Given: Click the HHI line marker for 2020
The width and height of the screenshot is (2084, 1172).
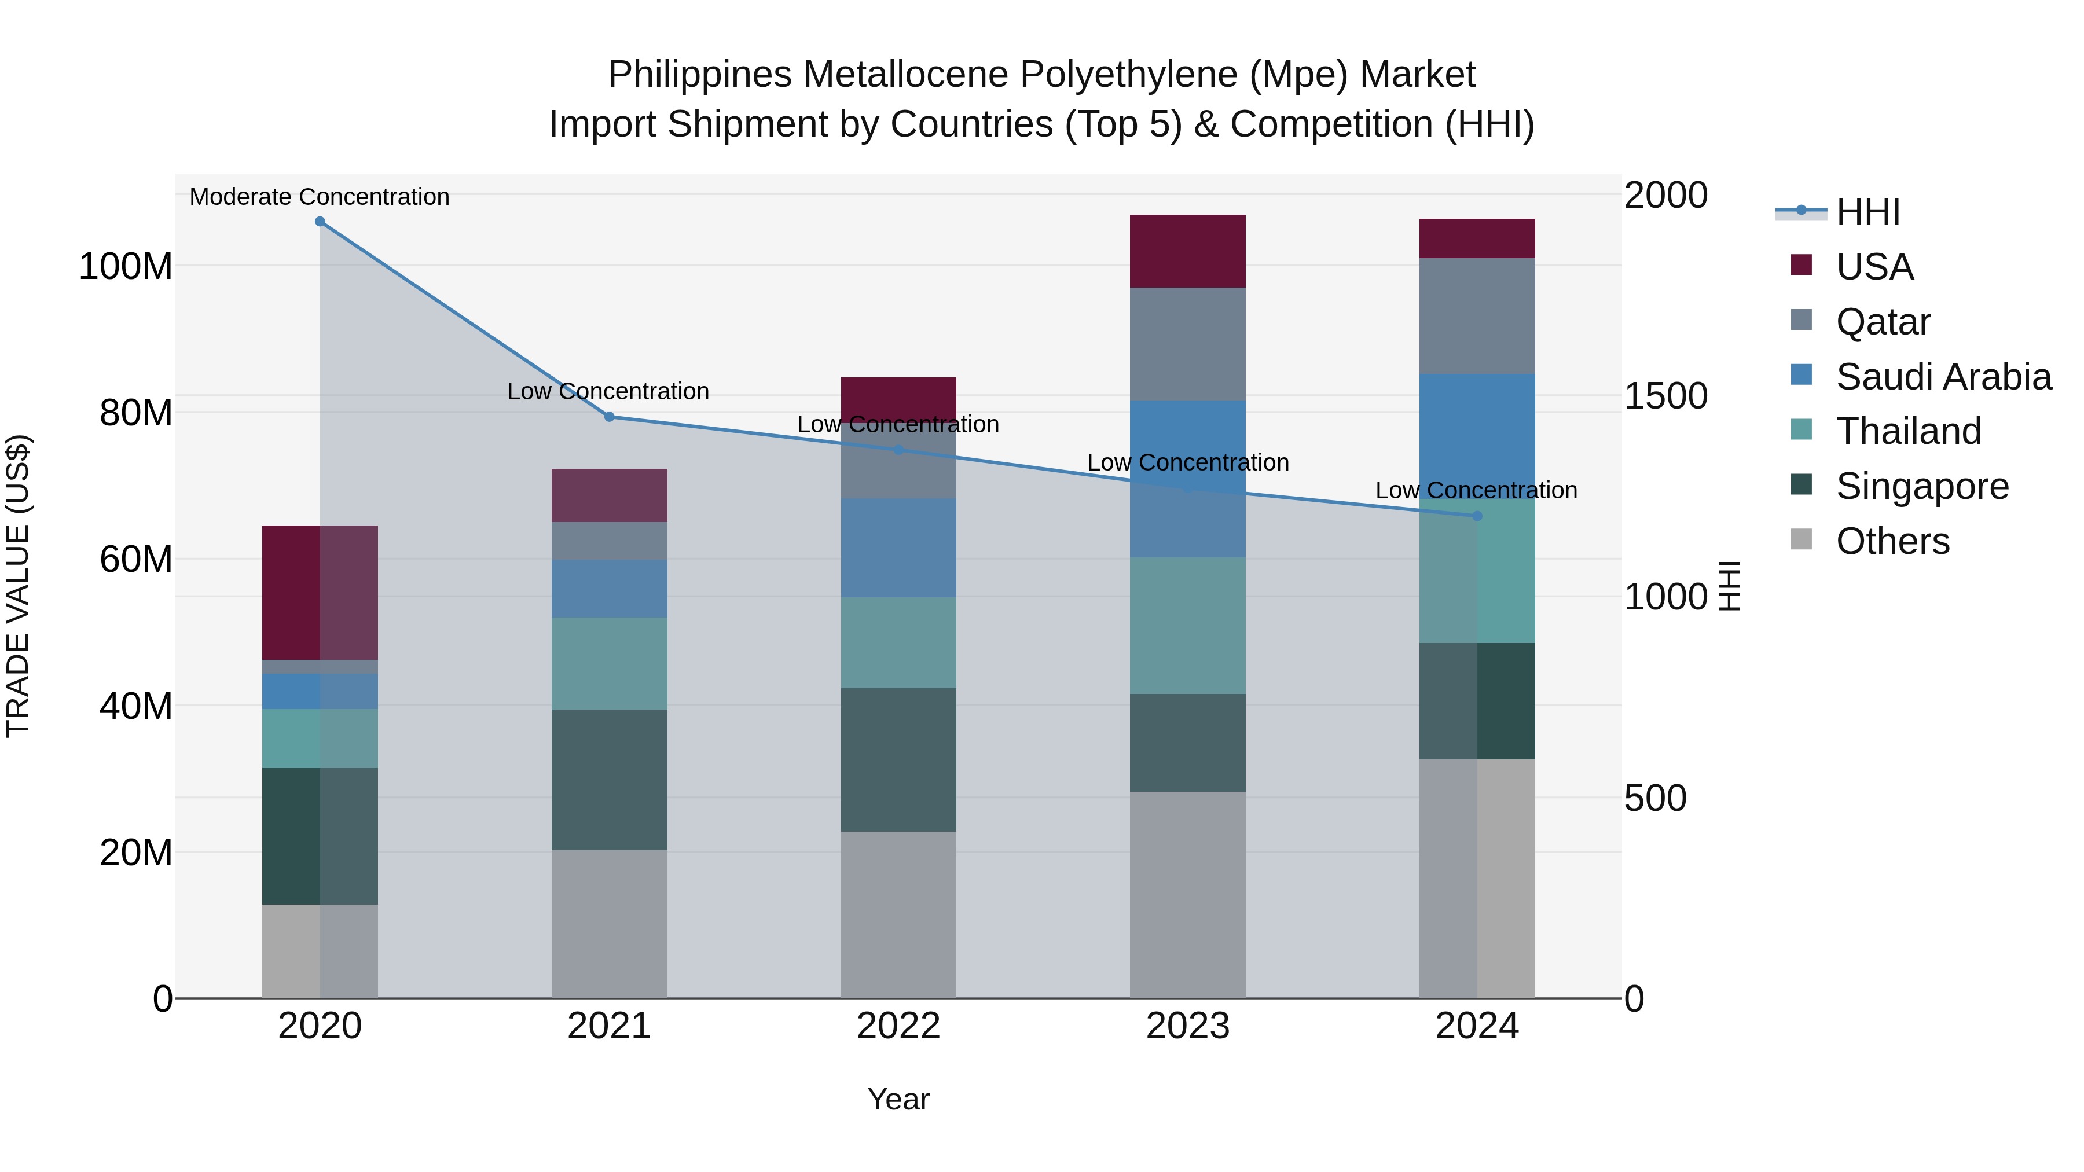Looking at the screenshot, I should [320, 222].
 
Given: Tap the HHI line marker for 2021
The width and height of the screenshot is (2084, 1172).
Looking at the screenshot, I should [609, 417].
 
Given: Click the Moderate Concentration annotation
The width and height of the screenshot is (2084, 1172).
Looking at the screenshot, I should [320, 197].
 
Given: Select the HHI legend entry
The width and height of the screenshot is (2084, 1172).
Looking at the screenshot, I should [1867, 212].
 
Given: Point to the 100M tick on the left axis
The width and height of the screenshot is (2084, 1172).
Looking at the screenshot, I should [126, 266].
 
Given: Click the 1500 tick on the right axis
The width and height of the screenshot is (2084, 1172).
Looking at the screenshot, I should [1665, 396].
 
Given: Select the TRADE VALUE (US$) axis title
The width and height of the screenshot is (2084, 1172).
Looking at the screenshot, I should [18, 586].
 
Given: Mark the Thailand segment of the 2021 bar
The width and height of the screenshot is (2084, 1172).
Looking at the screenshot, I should [609, 663].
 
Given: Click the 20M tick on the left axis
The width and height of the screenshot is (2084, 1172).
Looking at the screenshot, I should [136, 853].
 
